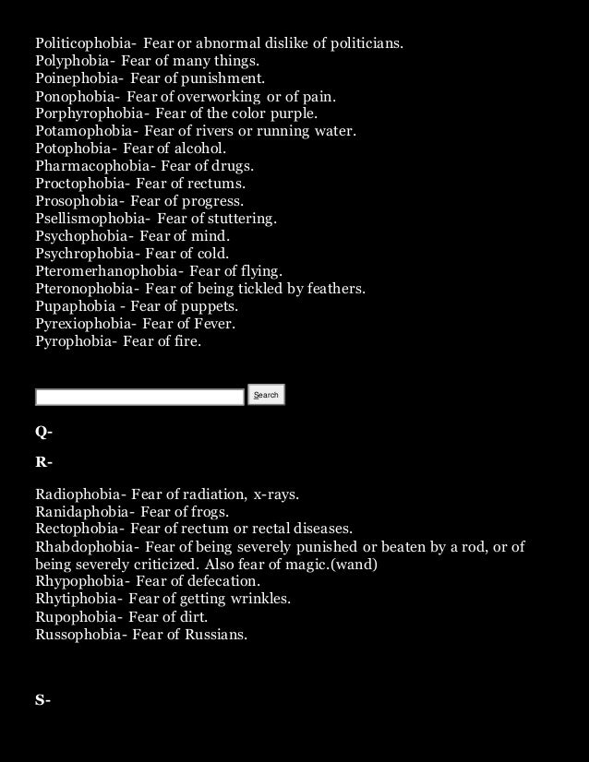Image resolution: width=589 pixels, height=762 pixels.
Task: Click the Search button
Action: (266, 395)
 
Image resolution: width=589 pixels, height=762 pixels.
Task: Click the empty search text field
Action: (139, 397)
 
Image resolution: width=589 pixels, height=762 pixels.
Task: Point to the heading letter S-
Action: (43, 700)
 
